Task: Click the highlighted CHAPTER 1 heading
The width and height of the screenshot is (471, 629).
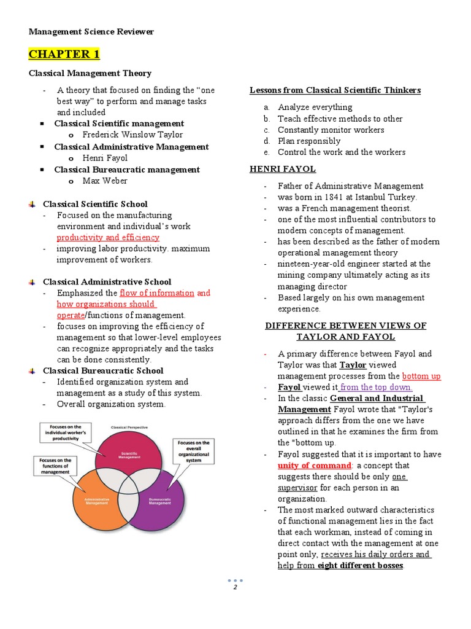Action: pyautogui.click(x=64, y=54)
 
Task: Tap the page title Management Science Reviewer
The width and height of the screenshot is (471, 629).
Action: pyautogui.click(x=91, y=31)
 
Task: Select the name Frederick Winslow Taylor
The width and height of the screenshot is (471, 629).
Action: pyautogui.click(x=132, y=135)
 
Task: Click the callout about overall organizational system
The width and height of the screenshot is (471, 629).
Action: pyautogui.click(x=193, y=451)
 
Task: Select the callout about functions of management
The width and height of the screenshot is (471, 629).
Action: pyautogui.click(x=55, y=466)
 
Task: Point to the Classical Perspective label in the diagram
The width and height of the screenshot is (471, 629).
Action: pyautogui.click(x=129, y=426)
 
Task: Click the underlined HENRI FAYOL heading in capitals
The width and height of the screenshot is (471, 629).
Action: pyautogui.click(x=283, y=169)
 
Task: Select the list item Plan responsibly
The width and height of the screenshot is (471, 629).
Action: pyautogui.click(x=309, y=141)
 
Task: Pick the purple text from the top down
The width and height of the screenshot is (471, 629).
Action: pyautogui.click(x=376, y=387)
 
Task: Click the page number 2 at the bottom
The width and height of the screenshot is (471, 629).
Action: pyautogui.click(x=235, y=587)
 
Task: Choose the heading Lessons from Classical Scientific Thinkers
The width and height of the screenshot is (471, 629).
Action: pyautogui.click(x=335, y=90)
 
